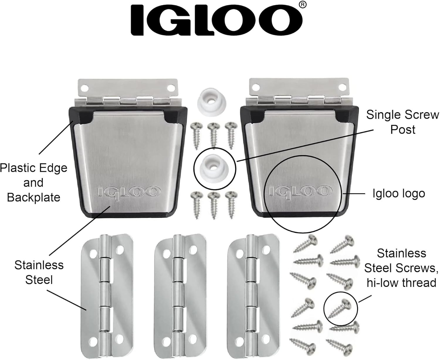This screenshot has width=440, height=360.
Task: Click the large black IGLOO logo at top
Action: click(x=216, y=20)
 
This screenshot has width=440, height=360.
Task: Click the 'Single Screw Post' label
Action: click(x=403, y=122)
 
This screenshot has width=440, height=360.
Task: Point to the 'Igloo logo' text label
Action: click(x=399, y=193)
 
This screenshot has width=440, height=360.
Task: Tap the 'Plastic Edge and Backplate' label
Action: click(x=34, y=182)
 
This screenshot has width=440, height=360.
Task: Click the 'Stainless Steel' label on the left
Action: click(x=39, y=272)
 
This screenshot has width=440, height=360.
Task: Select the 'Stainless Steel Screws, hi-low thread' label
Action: click(x=401, y=268)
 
